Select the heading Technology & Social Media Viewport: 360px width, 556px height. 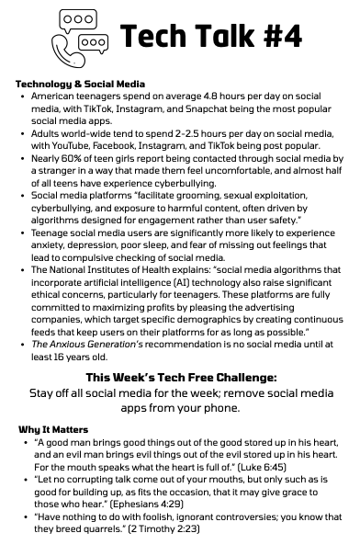[x=81, y=84]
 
